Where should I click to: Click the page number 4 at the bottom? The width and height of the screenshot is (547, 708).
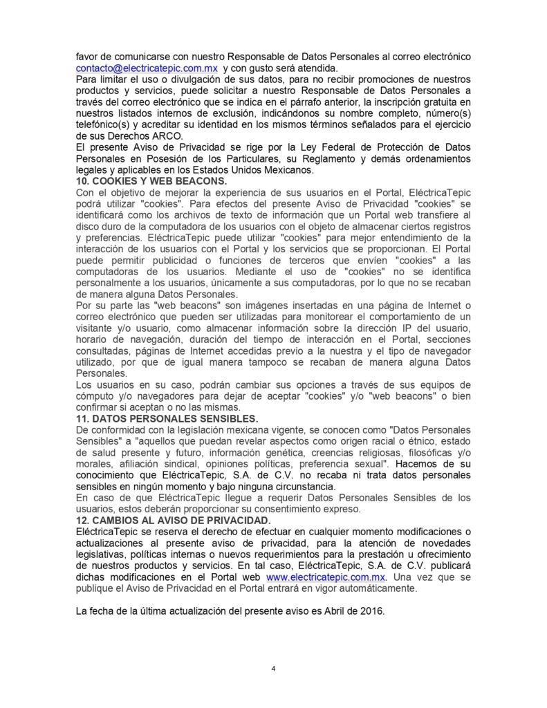click(x=274, y=668)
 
